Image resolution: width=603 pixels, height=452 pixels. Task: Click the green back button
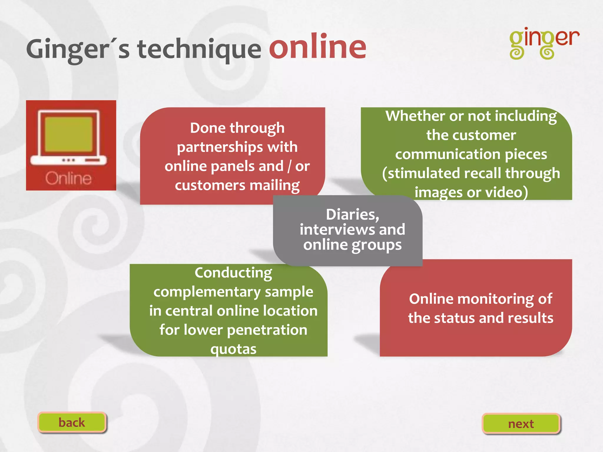(x=72, y=422)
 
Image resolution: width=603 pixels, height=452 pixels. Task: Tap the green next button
(x=521, y=424)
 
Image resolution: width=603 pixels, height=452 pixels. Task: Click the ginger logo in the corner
(x=544, y=44)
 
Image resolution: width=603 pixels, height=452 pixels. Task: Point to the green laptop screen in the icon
(x=69, y=134)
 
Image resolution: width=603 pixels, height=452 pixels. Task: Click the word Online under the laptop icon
(x=68, y=178)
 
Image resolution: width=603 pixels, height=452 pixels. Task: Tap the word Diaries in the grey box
(x=352, y=214)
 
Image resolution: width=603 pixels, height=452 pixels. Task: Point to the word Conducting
(x=233, y=273)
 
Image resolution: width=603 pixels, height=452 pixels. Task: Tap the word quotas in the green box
(x=233, y=349)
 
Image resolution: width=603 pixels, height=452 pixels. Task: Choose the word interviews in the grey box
(x=337, y=230)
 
